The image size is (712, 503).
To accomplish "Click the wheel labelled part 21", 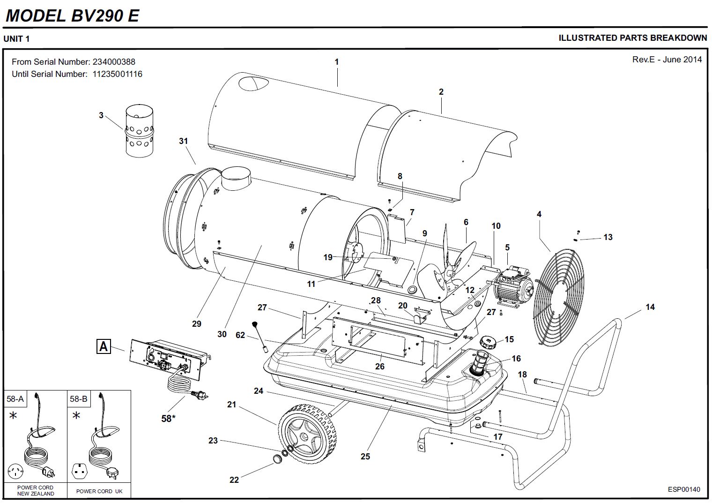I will tap(307, 436).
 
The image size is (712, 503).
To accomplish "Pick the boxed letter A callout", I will tap(104, 346).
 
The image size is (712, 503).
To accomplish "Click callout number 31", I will tap(183, 141).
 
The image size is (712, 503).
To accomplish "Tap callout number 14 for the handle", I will tap(650, 307).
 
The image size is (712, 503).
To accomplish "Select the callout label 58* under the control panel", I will tap(168, 418).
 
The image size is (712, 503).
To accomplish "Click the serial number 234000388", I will tap(114, 62).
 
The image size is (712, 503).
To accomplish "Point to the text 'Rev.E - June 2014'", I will tap(667, 60).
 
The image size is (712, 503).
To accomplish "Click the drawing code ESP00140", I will tap(684, 489).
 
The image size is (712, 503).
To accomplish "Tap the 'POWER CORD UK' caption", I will tap(99, 491).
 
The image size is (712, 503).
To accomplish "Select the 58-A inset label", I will tap(15, 399).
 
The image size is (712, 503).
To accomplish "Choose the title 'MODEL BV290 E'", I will tap(72, 15).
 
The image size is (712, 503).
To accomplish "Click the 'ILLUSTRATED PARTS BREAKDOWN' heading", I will tap(632, 38).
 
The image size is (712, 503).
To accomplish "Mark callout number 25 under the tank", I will tap(365, 456).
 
